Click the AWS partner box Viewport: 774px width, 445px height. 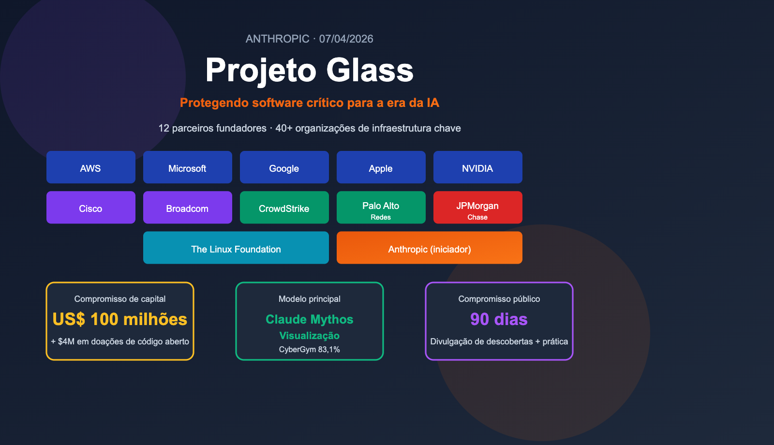91,167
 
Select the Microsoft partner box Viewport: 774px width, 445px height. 188,167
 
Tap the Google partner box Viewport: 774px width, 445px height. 284,167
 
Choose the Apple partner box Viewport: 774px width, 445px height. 381,167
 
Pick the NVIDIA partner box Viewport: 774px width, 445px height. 478,167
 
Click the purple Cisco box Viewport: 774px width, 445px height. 91,208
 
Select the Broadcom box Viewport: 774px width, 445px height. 188,208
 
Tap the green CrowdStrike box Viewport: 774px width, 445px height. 284,208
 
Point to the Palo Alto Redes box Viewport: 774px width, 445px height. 381,208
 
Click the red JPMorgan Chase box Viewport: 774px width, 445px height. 478,208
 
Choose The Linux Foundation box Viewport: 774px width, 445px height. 236,248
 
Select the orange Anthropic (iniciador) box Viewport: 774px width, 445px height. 430,248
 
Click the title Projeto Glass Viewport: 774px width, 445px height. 310,70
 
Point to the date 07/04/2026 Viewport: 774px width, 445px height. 346,39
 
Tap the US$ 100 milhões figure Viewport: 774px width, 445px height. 120,319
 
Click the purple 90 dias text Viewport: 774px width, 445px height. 499,319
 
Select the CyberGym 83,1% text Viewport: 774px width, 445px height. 310,349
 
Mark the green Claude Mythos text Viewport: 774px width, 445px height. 310,319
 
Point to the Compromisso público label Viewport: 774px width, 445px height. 499,299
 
